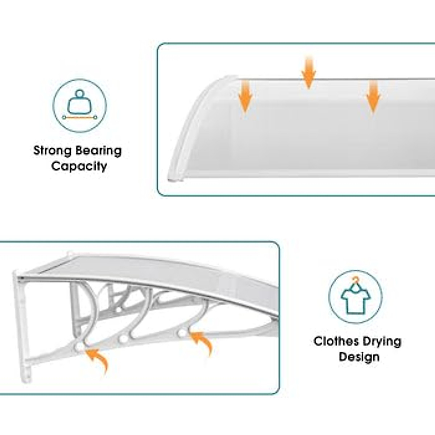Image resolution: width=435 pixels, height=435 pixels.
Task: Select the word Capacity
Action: click(x=79, y=167)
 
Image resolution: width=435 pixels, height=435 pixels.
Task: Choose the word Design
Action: click(x=359, y=357)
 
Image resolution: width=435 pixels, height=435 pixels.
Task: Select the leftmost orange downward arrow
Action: click(x=245, y=96)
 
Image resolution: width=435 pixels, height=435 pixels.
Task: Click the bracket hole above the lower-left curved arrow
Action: click(x=79, y=347)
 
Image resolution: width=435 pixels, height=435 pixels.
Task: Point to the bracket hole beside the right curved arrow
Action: click(x=182, y=333)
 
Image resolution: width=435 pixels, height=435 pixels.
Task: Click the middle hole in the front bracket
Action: click(x=124, y=339)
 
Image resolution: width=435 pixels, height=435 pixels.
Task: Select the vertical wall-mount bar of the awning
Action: click(x=22, y=326)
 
